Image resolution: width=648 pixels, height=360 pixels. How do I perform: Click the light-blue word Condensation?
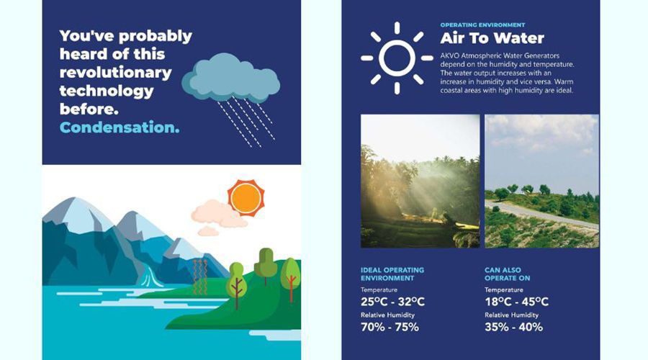click(x=120, y=127)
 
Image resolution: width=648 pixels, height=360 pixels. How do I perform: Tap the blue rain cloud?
click(x=230, y=78)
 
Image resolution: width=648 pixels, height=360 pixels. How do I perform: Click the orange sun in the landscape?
click(x=246, y=198)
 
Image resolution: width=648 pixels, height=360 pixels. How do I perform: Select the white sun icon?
click(x=397, y=58)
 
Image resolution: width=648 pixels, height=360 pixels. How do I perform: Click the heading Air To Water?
click(x=492, y=38)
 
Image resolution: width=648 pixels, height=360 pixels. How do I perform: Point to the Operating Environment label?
click(x=482, y=24)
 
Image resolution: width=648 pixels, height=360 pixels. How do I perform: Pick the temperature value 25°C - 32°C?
click(x=392, y=302)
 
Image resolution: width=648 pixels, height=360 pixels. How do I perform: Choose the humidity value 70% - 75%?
click(x=390, y=327)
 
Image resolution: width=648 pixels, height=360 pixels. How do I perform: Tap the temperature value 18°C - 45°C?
click(x=516, y=302)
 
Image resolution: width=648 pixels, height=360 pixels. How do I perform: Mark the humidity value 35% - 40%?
click(x=513, y=327)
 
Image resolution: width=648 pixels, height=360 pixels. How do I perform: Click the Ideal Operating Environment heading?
click(x=392, y=274)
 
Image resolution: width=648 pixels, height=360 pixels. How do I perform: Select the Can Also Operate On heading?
click(x=507, y=274)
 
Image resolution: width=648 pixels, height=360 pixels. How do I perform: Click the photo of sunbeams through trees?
click(x=420, y=181)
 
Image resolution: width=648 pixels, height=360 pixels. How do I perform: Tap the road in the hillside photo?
click(x=541, y=214)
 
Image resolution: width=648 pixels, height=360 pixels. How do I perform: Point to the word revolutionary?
click(x=115, y=73)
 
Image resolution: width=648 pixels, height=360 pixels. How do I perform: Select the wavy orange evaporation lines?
click(x=200, y=276)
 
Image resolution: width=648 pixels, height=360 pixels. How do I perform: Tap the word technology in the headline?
click(x=107, y=91)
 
